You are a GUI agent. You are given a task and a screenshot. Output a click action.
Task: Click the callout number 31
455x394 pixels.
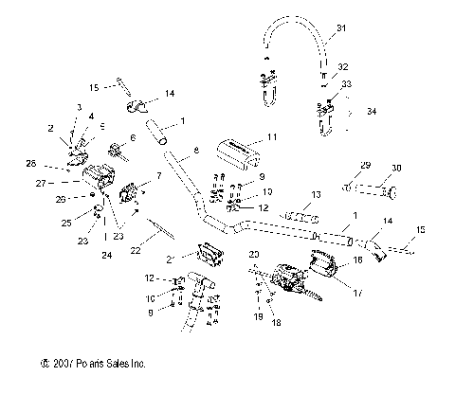pyautogui.click(x=343, y=27)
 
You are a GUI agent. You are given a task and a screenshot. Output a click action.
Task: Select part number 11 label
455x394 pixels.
pyautogui.click(x=272, y=137)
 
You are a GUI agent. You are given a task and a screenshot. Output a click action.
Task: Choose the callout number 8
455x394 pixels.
pyautogui.click(x=195, y=151)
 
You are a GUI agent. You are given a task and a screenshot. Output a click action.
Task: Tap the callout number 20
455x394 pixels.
pyautogui.click(x=253, y=256)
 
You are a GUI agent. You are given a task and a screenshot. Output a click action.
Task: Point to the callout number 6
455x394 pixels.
pyautogui.click(x=133, y=137)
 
